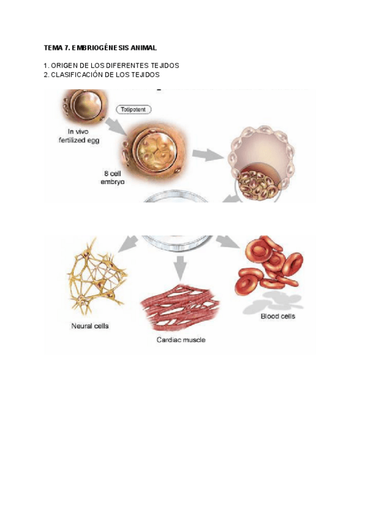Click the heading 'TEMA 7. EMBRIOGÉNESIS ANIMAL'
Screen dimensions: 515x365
[100, 47]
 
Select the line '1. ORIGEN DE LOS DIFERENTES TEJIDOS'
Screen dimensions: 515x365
[111, 65]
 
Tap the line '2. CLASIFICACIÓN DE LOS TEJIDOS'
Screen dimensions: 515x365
[102, 74]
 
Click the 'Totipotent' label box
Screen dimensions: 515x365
[133, 109]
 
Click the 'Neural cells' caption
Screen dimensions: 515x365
[89, 326]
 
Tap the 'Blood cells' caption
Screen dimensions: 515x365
[277, 316]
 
